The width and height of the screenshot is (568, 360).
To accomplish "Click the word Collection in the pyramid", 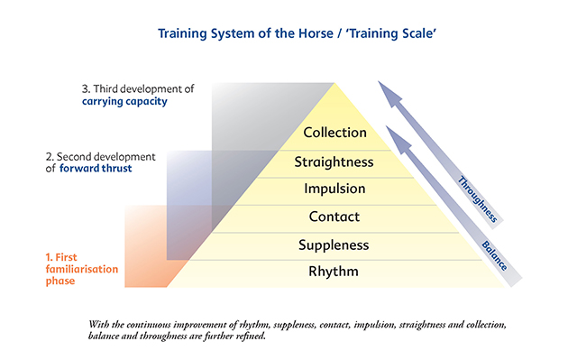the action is (334, 133).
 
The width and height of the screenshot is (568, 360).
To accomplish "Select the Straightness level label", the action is (334, 162).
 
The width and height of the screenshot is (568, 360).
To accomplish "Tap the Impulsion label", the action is (334, 189).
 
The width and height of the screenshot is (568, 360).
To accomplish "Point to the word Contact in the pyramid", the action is (334, 217).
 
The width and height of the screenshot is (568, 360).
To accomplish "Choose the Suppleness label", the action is (334, 245).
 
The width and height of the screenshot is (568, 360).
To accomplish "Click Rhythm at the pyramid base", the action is (334, 272).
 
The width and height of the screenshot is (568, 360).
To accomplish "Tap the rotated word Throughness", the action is (478, 199).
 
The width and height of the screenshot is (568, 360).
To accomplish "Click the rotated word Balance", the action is (494, 256).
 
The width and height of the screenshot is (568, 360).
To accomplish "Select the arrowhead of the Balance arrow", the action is (397, 138).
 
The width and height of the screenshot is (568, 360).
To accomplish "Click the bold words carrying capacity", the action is (124, 102).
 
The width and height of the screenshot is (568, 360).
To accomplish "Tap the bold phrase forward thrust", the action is (96, 168).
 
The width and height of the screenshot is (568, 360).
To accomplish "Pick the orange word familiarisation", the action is (82, 269).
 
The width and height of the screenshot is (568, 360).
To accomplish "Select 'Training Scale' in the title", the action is (390, 33).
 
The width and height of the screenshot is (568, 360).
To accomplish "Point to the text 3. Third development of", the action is (138, 88).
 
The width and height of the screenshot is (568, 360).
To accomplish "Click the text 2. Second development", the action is (100, 157).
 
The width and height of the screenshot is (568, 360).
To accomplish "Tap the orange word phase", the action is (60, 281).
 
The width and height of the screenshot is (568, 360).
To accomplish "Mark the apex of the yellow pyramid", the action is (334, 83).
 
